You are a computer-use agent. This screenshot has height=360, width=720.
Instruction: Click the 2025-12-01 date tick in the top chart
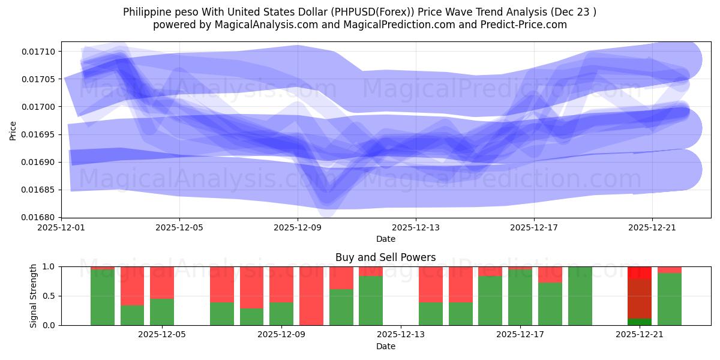pos(62,228)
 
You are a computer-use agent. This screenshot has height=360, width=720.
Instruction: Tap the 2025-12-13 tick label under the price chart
pos(416,228)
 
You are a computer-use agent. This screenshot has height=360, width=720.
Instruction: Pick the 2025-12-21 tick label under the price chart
pos(652,228)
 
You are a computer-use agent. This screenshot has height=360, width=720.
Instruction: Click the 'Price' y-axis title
pos(13,130)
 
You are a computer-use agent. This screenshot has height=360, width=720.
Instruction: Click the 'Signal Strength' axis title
pos(34,296)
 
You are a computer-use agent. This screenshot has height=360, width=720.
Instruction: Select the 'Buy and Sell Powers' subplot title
pos(385,257)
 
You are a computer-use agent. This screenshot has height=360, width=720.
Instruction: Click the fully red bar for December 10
pos(311,296)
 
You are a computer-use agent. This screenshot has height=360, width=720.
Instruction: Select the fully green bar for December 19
pos(580,296)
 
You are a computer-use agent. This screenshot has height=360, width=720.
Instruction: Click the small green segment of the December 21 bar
pos(640,322)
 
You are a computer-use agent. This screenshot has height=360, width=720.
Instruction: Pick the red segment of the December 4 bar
pos(132,286)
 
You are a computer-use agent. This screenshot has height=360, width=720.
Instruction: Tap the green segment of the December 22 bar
pos(670,299)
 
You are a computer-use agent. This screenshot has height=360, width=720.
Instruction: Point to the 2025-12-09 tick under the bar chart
pos(281,335)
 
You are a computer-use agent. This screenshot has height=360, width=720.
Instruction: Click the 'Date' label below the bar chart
pos(385,346)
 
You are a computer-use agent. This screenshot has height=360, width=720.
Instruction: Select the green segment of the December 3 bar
pos(103,297)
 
